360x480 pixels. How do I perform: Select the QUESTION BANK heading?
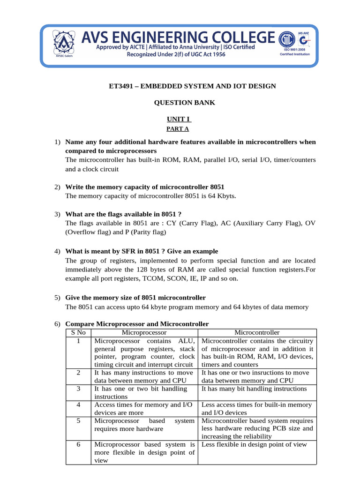point(185,103)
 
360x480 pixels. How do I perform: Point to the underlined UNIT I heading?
point(180,120)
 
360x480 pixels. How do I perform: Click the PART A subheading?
point(180,128)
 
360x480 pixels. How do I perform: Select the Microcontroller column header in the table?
point(257,332)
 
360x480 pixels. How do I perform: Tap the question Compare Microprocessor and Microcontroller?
point(137,324)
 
